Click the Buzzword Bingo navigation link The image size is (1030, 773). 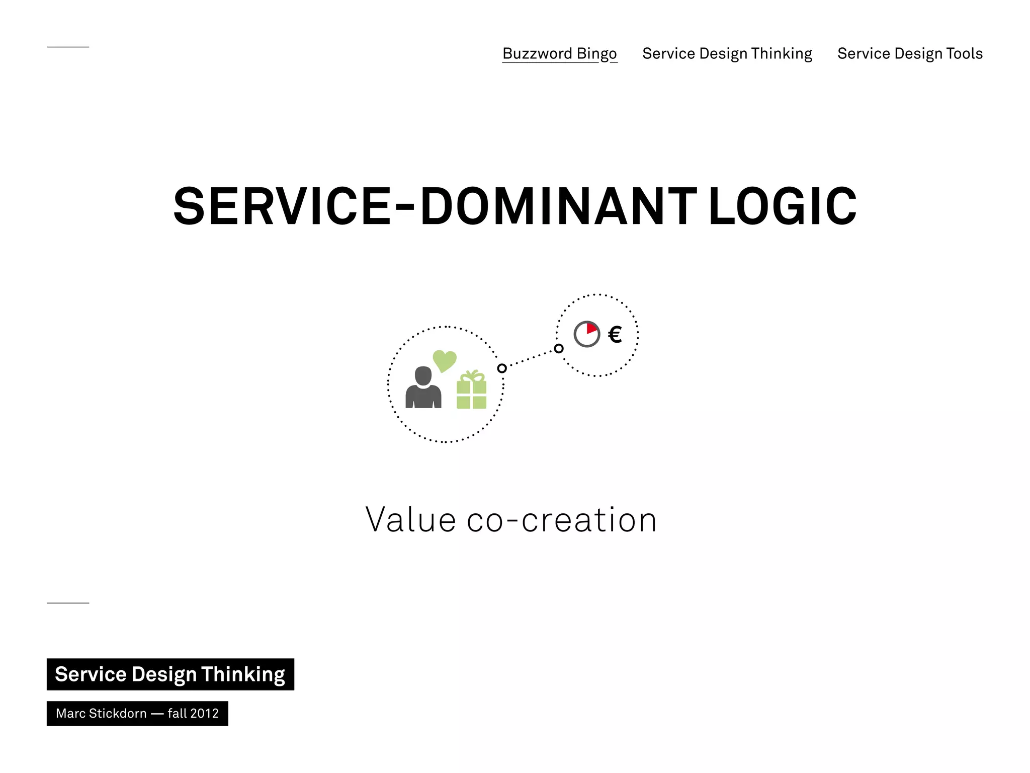(x=559, y=53)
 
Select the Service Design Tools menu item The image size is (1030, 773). (x=910, y=53)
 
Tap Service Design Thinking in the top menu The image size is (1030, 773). (x=727, y=53)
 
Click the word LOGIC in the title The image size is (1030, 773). (x=782, y=206)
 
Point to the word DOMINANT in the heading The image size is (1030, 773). (x=558, y=206)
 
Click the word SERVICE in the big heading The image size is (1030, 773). (x=282, y=206)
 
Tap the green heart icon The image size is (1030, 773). (x=445, y=360)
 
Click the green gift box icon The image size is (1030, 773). (x=471, y=392)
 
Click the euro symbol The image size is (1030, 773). (x=615, y=334)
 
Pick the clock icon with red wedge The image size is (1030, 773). (x=587, y=334)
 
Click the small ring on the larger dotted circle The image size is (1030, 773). (x=502, y=368)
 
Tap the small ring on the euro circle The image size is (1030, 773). (x=559, y=348)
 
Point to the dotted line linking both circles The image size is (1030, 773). (x=530, y=358)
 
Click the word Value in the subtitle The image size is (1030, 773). (x=410, y=520)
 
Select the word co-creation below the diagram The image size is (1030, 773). (x=562, y=520)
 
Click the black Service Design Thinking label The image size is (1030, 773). (x=170, y=674)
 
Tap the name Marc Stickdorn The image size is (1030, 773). (x=101, y=714)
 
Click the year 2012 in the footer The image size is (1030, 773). (x=205, y=714)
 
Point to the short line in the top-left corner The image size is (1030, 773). (x=68, y=47)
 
